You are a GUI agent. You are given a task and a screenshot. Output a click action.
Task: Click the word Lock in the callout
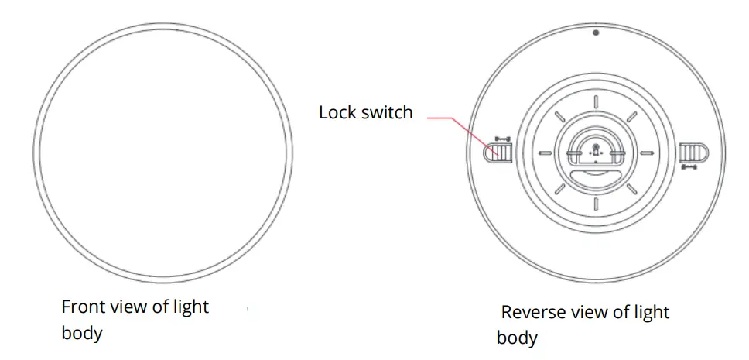click(337, 112)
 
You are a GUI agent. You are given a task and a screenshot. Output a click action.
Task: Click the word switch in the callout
click(387, 112)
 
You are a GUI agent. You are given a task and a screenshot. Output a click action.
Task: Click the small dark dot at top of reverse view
click(596, 33)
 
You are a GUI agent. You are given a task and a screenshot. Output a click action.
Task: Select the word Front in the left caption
click(84, 307)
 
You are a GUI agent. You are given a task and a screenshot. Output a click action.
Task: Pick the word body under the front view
click(82, 334)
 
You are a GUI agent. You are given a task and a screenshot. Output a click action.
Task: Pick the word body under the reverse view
click(517, 339)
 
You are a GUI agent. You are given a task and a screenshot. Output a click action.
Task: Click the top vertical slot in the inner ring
click(596, 102)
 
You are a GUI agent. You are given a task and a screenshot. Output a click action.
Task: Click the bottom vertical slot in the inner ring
click(596, 204)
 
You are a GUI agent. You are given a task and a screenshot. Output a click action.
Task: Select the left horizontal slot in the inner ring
click(545, 153)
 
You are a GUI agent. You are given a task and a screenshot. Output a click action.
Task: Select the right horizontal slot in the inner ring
click(647, 153)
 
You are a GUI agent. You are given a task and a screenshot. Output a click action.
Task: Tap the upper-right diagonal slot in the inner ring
click(631, 117)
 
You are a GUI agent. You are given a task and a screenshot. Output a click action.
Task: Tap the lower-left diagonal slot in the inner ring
click(559, 190)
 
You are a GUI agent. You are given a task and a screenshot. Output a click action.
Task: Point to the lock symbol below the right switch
click(688, 166)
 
